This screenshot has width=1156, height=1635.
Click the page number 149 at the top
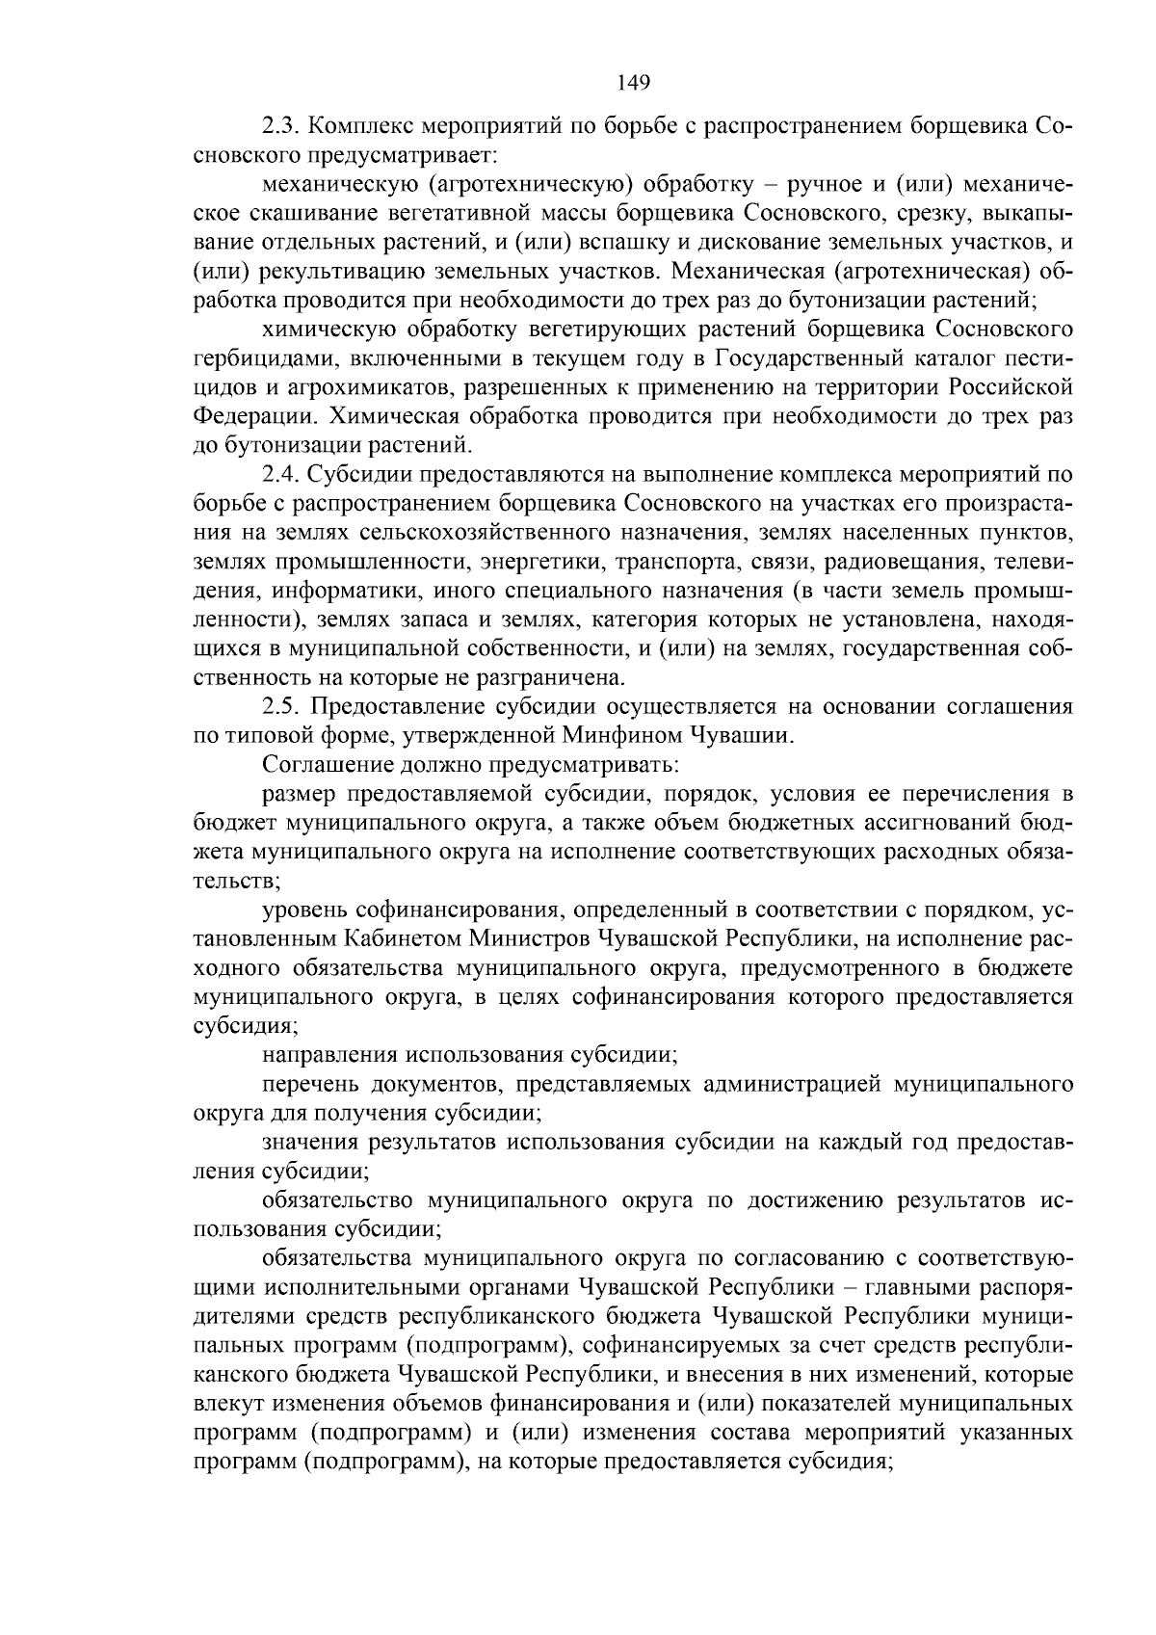point(634,82)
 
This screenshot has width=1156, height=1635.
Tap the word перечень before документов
point(308,1084)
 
